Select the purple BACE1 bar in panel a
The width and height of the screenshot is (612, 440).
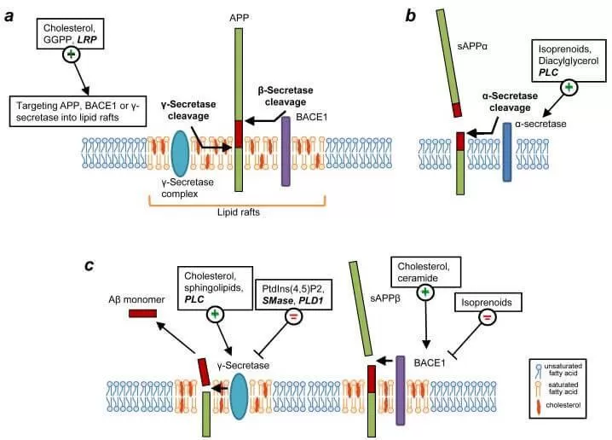(286, 151)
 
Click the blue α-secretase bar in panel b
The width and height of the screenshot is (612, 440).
(507, 152)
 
